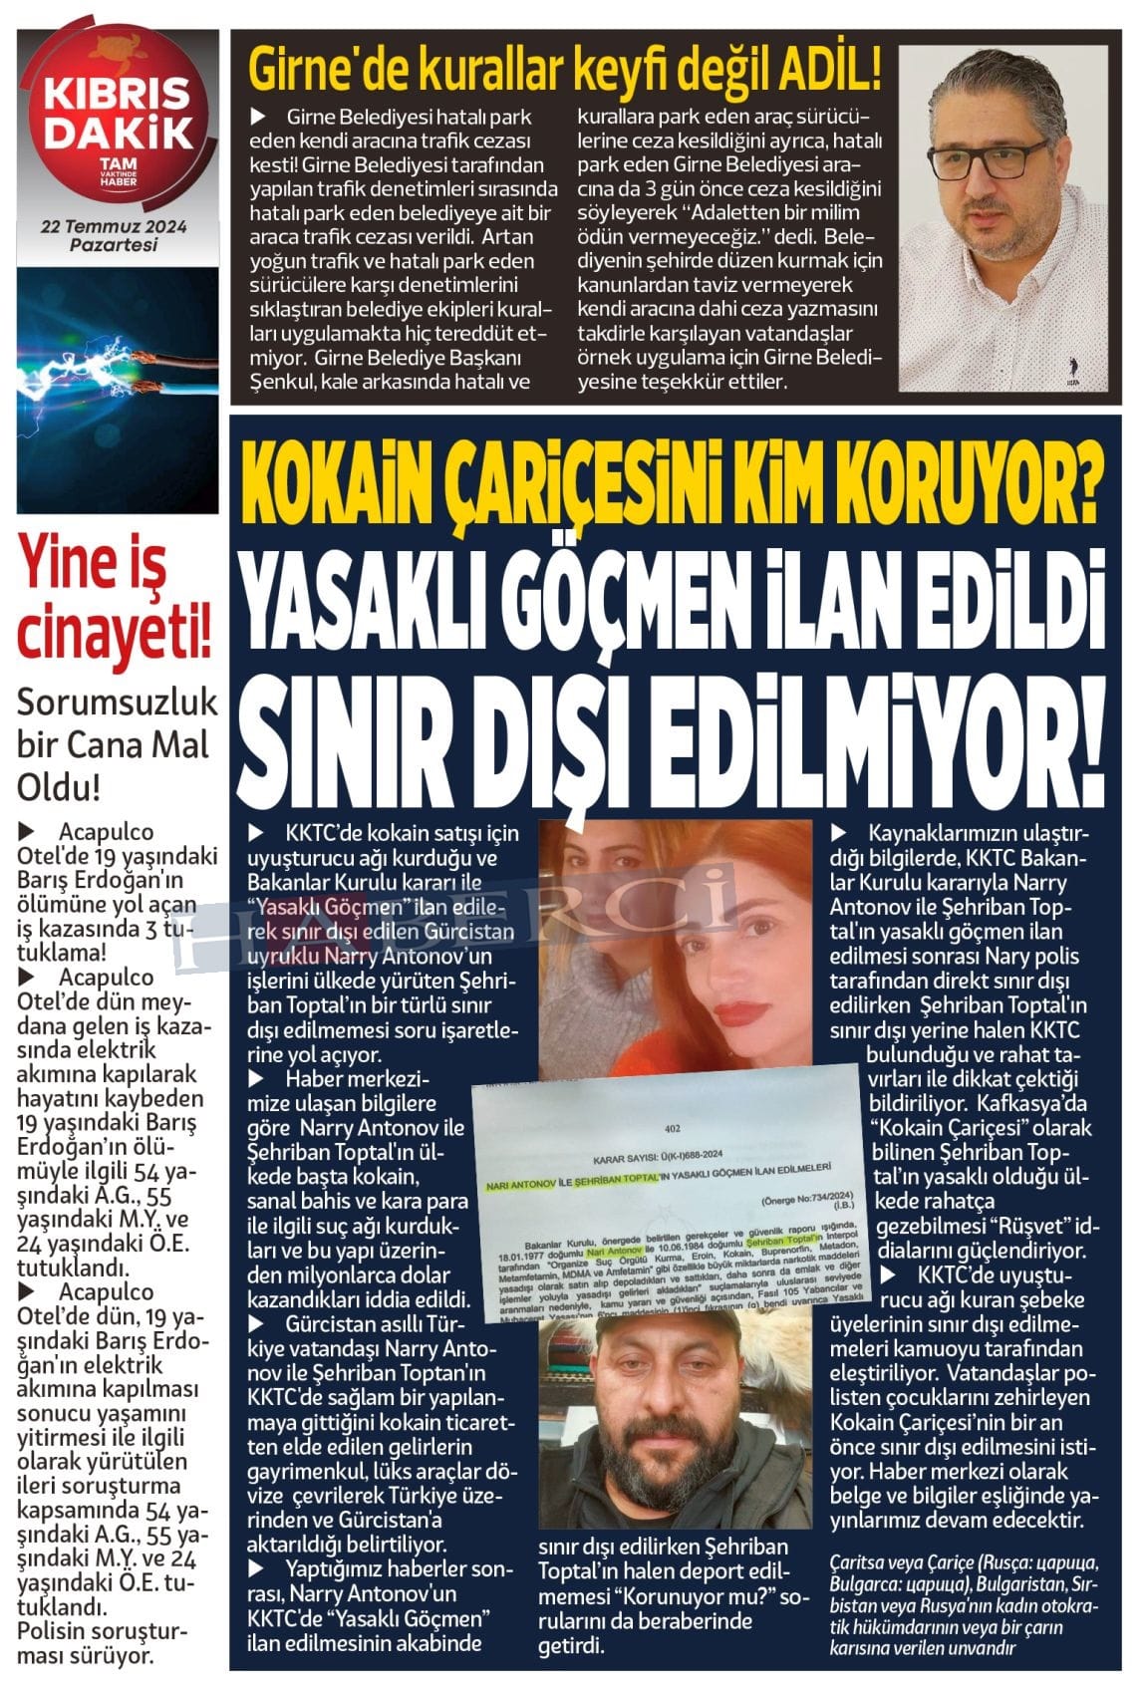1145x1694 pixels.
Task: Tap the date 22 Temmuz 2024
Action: [115, 228]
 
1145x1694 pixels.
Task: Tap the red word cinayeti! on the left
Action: [115, 634]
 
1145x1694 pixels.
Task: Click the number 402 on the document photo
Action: [670, 1129]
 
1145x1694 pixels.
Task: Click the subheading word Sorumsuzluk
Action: [118, 704]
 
